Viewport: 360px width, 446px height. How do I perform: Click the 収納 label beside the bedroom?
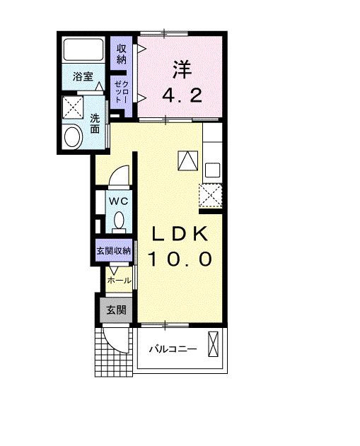coord(122,54)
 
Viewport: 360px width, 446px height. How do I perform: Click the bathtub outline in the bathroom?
coord(85,50)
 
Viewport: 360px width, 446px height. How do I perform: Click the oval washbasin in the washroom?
coord(72,136)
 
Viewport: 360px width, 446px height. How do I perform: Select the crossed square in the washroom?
coord(72,108)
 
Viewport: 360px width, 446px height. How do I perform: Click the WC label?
coord(118,201)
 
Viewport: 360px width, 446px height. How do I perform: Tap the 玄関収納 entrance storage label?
coord(114,250)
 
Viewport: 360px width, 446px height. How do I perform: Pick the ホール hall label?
coord(118,281)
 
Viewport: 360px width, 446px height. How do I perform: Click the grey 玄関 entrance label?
coord(116,310)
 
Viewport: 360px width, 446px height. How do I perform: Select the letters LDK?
coord(179,235)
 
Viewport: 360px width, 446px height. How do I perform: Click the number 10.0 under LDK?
coord(180,259)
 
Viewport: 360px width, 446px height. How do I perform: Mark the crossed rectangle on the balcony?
coord(214,346)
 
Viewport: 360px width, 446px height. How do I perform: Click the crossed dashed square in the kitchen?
coord(211,194)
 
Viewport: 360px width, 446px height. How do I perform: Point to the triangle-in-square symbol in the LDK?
coord(186,161)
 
